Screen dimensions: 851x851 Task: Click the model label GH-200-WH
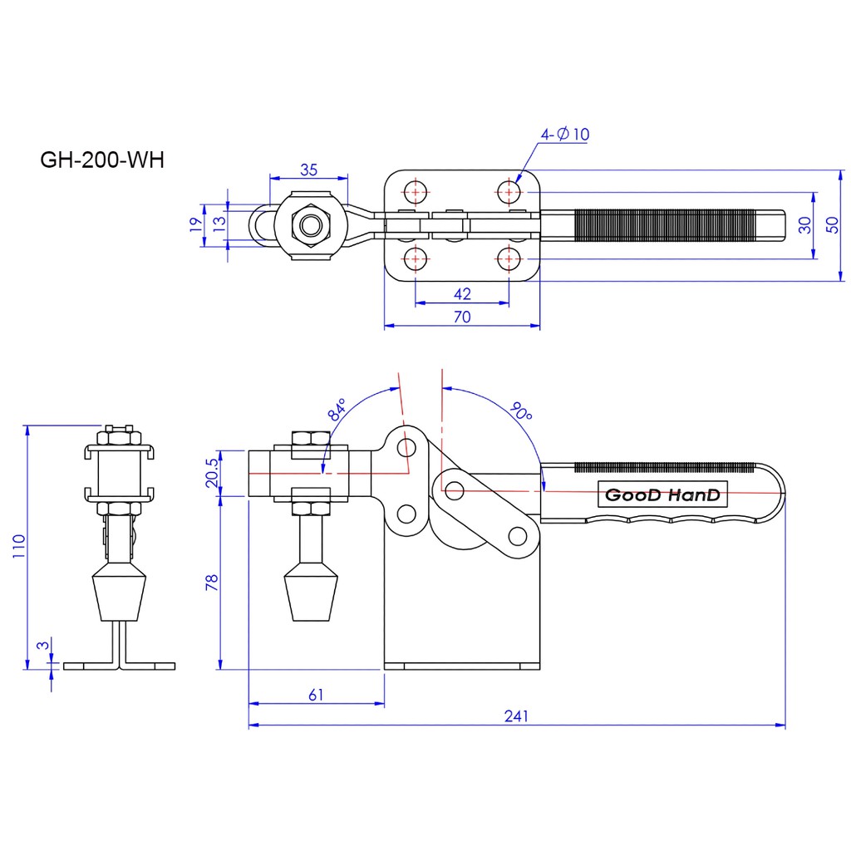(x=102, y=160)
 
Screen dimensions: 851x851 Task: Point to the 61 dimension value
(x=316, y=694)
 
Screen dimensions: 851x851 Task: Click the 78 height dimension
(x=211, y=582)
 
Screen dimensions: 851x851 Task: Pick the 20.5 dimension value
(x=211, y=473)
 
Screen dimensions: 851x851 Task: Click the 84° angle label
(x=337, y=411)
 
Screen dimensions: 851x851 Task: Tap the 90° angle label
(x=521, y=411)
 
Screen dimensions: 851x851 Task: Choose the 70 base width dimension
(x=462, y=317)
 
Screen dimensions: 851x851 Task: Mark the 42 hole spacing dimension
(x=463, y=293)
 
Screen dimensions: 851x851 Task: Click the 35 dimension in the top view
(x=308, y=170)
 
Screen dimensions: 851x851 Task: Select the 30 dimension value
(x=804, y=224)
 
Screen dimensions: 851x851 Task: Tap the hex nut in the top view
(x=311, y=224)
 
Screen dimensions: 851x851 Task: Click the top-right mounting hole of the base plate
(x=508, y=192)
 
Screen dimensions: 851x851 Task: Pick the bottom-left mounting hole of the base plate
(x=415, y=258)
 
